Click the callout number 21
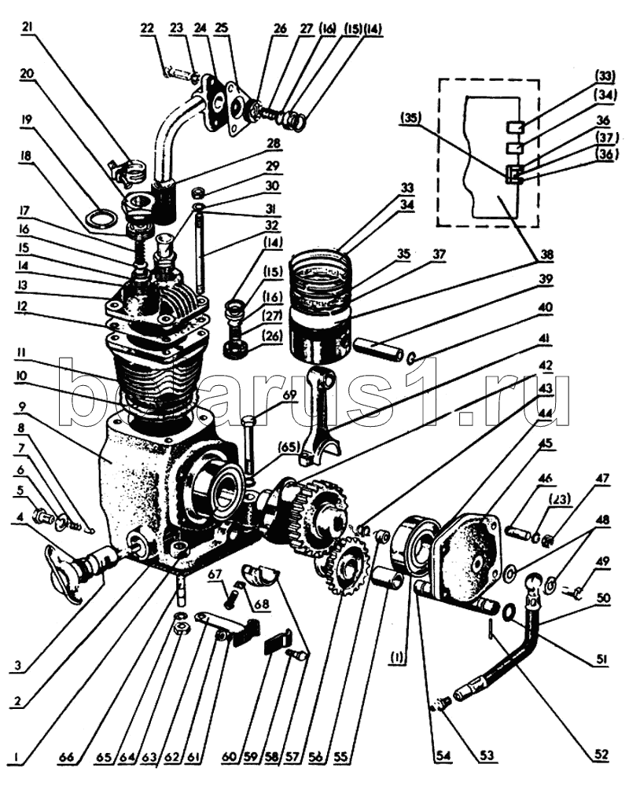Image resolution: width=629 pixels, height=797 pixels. (28, 28)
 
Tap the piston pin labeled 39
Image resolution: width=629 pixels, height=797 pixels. (378, 345)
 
